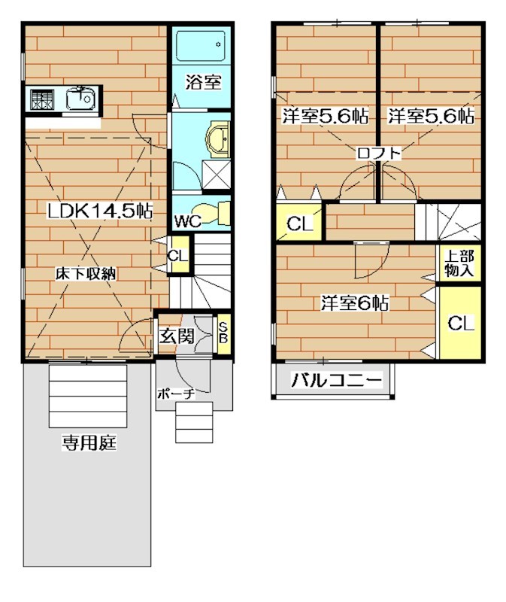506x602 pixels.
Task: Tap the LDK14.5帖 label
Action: (x=100, y=211)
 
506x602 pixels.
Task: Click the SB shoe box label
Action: (x=223, y=332)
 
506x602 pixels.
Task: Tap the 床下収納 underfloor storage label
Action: (x=85, y=275)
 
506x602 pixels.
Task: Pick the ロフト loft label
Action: (x=378, y=154)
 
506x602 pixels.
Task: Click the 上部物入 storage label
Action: (x=459, y=263)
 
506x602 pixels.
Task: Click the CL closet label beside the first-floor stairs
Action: (x=178, y=256)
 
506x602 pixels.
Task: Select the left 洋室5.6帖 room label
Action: (x=325, y=117)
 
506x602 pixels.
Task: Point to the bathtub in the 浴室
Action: (x=198, y=48)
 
